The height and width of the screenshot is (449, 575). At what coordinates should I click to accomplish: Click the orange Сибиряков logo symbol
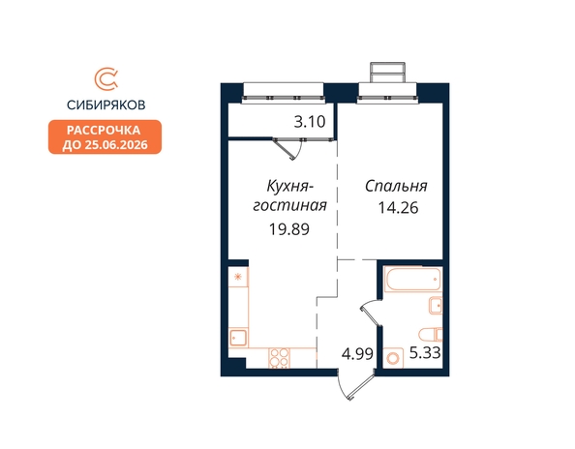click(106, 78)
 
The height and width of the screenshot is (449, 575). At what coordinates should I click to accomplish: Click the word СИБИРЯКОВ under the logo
click(106, 105)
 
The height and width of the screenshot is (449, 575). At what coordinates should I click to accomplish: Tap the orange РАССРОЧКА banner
click(105, 137)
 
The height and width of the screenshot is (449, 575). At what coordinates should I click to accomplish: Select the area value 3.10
click(310, 122)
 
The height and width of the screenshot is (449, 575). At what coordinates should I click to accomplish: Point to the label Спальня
click(396, 186)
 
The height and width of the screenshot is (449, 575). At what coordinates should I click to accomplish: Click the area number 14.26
click(398, 208)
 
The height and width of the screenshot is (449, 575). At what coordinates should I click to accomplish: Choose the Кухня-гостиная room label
click(289, 195)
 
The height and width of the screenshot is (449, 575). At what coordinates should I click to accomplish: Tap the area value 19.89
click(289, 229)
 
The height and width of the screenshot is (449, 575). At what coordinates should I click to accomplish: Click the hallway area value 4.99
click(357, 354)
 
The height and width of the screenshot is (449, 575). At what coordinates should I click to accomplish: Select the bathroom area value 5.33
click(425, 353)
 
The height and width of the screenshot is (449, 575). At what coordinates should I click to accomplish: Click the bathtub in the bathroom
click(412, 279)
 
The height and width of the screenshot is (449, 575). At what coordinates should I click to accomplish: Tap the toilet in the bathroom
click(431, 334)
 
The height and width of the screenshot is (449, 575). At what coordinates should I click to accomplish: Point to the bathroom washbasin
click(436, 305)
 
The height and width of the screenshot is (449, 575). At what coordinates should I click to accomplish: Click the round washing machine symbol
click(393, 358)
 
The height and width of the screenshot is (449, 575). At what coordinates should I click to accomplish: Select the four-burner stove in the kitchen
click(279, 358)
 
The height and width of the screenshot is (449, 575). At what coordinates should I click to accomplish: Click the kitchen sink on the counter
click(238, 338)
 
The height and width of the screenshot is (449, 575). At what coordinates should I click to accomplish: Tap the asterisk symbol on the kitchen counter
click(238, 277)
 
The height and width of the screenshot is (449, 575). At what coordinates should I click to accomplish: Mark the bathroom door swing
click(371, 313)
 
